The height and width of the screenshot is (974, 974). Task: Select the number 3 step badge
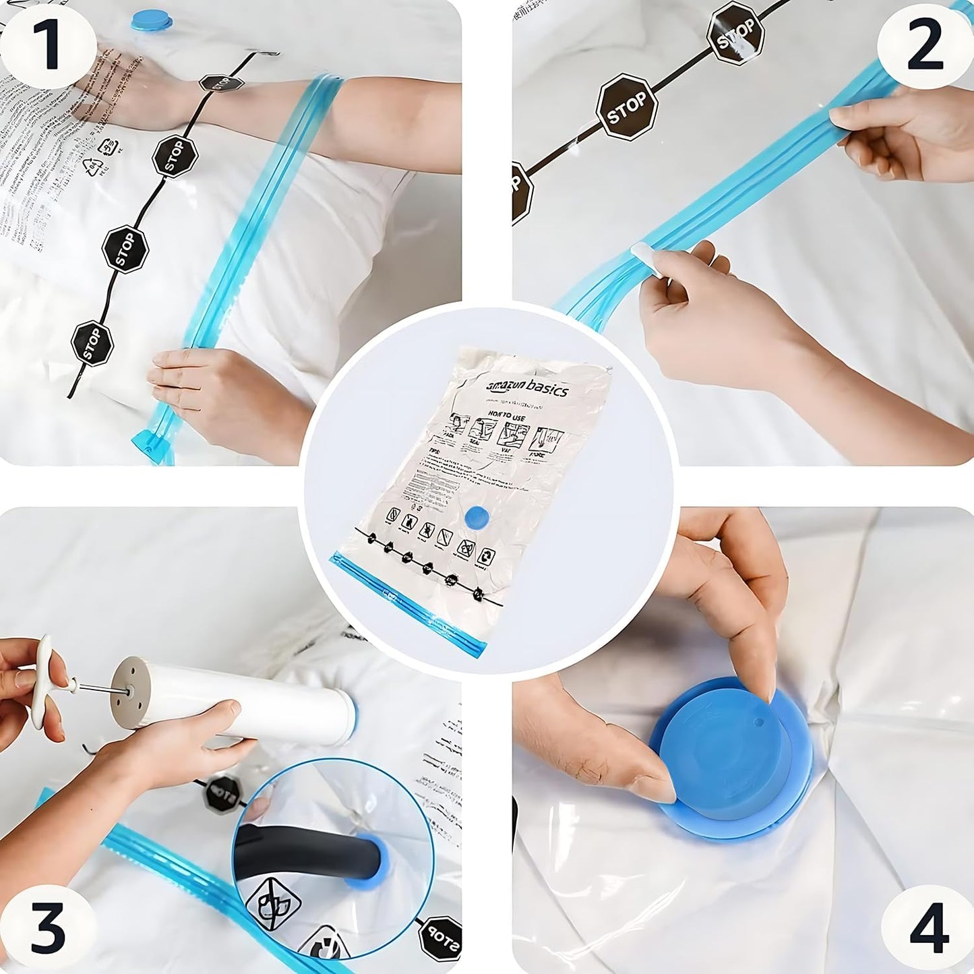click(x=47, y=928)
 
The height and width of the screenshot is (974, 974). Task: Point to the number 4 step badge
click(x=928, y=928)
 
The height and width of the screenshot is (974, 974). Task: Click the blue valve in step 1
click(x=151, y=20)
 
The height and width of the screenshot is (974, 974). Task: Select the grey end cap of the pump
click(x=128, y=694)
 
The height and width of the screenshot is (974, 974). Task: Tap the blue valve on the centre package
click(x=478, y=518)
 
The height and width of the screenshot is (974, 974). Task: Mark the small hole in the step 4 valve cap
click(x=758, y=722)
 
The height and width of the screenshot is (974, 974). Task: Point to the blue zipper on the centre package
click(x=408, y=599)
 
